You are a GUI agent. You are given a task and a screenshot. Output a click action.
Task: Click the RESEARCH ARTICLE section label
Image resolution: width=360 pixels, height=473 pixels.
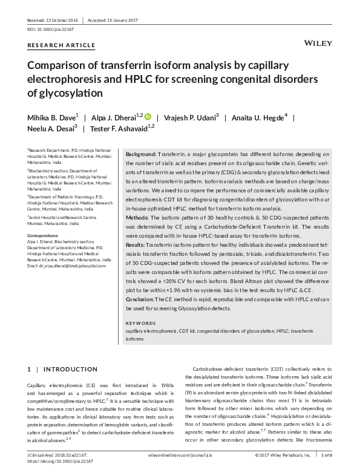(61, 45)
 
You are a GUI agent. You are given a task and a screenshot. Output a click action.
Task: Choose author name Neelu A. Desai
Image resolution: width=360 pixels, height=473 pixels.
(51, 128)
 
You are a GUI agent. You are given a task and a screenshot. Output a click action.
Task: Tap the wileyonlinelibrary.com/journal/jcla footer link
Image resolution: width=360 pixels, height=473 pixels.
(181, 454)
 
